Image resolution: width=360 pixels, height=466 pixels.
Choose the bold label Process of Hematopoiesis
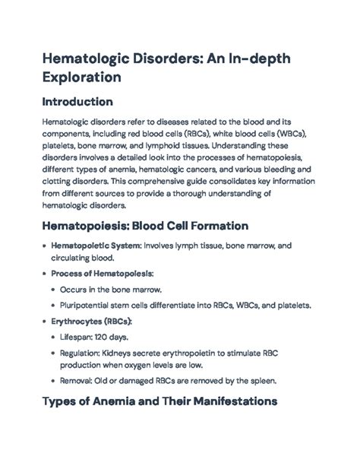tap(102, 273)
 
